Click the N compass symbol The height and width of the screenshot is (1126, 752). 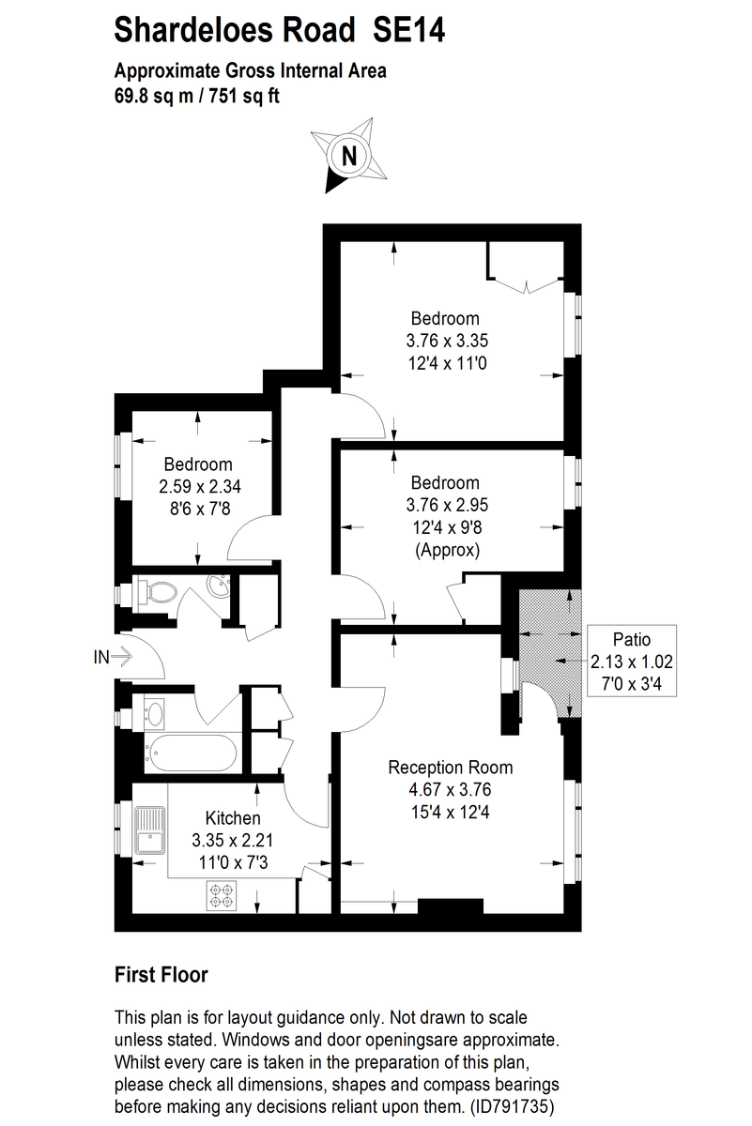click(x=348, y=156)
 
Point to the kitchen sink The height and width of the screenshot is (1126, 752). click(x=149, y=830)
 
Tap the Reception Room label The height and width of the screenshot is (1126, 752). click(x=451, y=768)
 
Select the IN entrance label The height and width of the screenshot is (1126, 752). click(x=101, y=658)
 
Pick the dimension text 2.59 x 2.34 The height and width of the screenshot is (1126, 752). click(x=198, y=486)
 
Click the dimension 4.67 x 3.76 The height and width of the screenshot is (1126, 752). click(x=451, y=789)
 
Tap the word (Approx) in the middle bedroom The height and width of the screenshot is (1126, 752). click(x=447, y=551)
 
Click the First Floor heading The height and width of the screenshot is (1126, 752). click(x=161, y=975)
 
